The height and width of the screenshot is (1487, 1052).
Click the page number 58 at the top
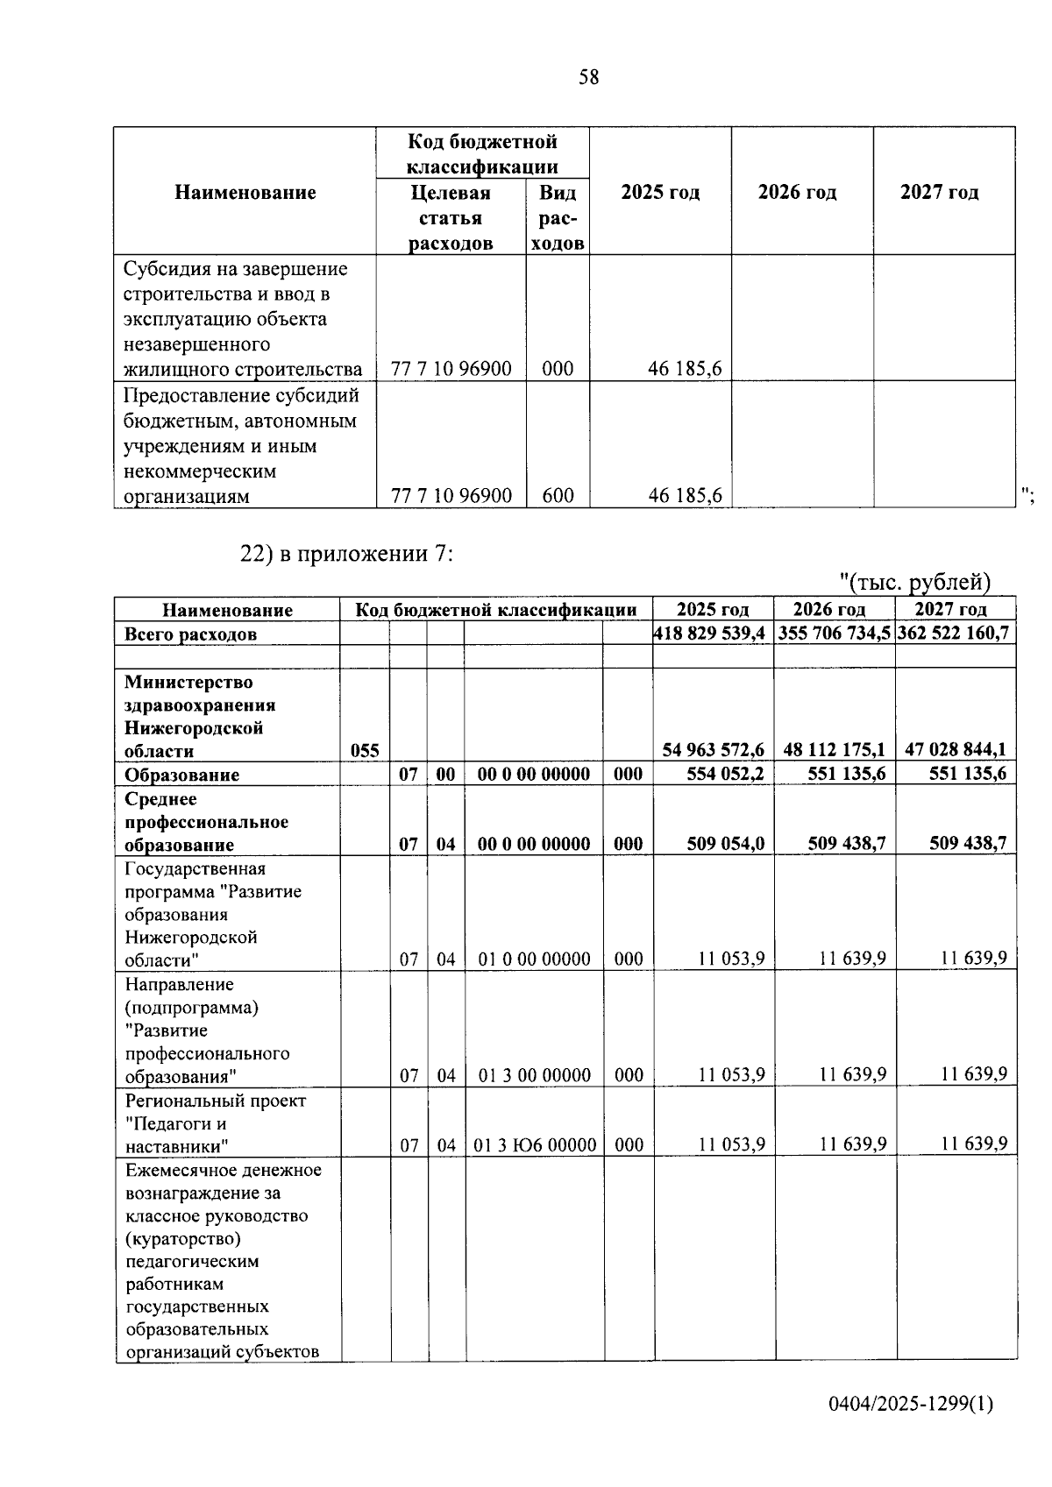pos(589,77)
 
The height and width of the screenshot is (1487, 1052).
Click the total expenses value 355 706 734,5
pos(835,633)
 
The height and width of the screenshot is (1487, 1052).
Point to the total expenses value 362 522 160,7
pos(956,633)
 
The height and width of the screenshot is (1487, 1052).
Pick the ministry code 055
pos(365,750)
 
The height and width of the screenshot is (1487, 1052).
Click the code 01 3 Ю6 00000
pos(535,1144)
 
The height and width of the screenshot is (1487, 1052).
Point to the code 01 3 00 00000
pos(535,1074)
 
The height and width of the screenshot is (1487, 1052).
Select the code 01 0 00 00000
pos(535,959)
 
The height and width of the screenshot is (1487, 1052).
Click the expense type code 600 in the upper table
pos(558,496)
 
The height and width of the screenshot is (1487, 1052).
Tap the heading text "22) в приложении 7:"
pos(346,554)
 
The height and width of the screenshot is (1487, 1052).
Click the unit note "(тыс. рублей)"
pos(915,581)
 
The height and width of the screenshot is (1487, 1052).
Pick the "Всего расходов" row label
pos(191,634)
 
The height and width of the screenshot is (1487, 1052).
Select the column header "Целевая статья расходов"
pos(451,217)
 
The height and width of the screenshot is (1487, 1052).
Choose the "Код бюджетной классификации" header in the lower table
pos(496,610)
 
